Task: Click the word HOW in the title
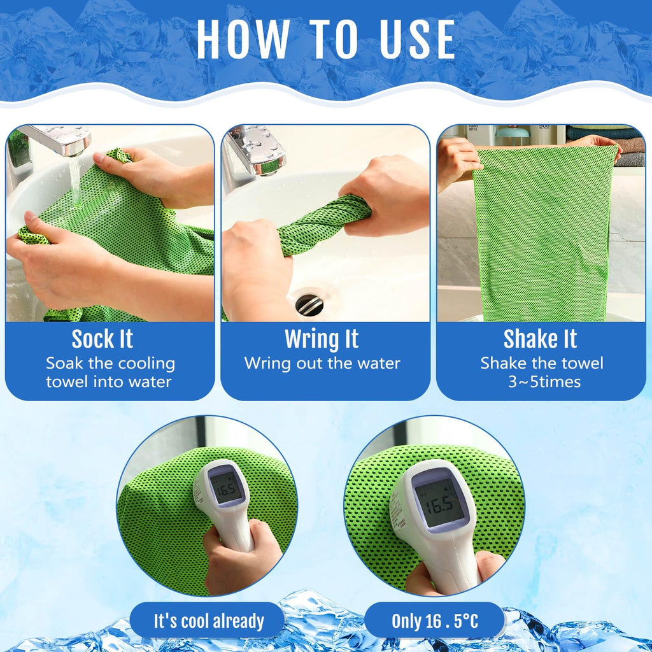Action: pos(243,39)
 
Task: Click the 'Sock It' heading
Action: pos(103,339)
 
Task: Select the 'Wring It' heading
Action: pos(322,339)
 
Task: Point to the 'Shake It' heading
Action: pos(540,339)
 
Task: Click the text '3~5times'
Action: pos(544,382)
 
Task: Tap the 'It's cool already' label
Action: pos(209,621)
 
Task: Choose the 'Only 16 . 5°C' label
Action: pos(435,621)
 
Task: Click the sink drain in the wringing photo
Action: pos(309,304)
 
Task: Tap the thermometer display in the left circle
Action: pos(226,488)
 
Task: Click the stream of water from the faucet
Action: pos(75,180)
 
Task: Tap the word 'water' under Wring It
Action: pos(379,364)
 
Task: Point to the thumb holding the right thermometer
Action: pos(492,563)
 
